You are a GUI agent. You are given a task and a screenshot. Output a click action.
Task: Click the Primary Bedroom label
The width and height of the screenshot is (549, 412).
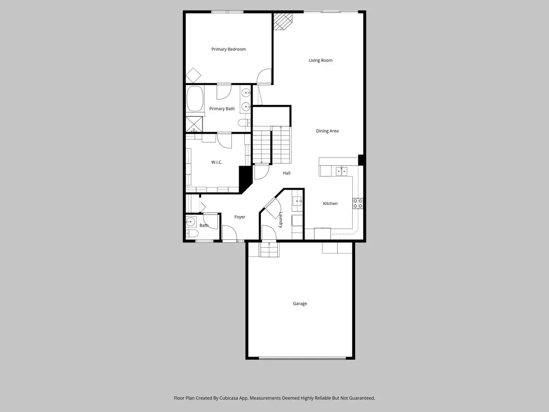click(x=228, y=49)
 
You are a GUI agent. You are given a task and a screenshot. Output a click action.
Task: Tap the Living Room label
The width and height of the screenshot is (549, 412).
click(x=320, y=60)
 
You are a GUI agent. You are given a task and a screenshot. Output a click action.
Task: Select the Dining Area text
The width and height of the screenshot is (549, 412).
click(x=327, y=131)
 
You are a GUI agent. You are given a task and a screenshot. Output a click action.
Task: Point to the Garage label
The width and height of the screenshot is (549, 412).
click(x=300, y=304)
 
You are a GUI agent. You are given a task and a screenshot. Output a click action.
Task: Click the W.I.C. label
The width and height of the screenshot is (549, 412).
click(x=217, y=163)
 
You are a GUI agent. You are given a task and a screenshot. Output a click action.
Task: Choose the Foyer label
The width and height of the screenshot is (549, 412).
click(x=240, y=217)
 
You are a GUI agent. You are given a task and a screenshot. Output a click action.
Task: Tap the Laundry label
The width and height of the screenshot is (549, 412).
click(x=280, y=220)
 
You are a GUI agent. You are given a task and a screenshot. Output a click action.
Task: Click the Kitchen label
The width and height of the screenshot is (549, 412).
click(x=330, y=204)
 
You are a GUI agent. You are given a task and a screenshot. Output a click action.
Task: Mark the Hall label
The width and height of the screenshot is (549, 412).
click(x=286, y=173)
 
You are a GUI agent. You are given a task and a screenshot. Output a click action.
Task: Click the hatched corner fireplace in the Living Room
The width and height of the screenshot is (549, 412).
click(x=282, y=21)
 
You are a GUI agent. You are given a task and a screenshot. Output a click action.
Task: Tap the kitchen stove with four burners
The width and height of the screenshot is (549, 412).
click(x=357, y=203)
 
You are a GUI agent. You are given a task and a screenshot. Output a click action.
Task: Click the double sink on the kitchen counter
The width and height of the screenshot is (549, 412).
click(x=341, y=171)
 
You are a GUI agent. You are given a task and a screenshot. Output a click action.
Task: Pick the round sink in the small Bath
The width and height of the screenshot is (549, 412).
click(x=191, y=222)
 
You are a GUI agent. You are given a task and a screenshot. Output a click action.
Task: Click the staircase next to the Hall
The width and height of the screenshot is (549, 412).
click(x=272, y=145)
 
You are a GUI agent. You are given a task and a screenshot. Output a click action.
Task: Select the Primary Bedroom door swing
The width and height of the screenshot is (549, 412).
click(x=264, y=77)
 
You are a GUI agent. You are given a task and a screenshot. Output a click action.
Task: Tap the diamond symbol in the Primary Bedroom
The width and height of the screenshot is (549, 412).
click(x=194, y=75)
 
